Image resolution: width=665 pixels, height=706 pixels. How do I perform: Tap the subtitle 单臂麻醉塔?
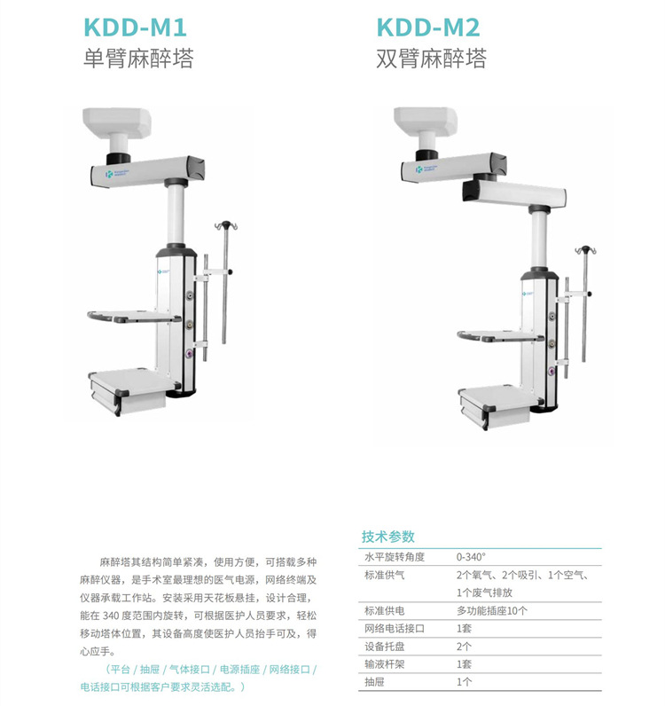click(137, 59)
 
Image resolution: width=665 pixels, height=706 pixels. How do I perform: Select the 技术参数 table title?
click(387, 537)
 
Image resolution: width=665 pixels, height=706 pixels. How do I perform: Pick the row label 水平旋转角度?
click(395, 557)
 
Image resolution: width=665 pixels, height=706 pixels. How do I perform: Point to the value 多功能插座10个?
click(492, 611)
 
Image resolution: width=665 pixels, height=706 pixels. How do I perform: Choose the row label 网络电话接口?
click(395, 629)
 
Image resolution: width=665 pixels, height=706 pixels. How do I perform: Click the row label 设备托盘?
click(383, 647)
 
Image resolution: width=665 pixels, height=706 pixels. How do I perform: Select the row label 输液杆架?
click(383, 664)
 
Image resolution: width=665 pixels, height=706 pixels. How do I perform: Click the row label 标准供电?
click(383, 611)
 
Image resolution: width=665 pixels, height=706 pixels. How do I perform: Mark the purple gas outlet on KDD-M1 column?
click(188, 350)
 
